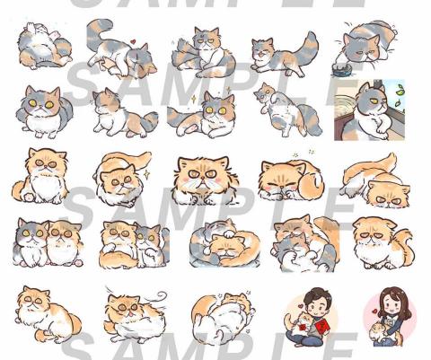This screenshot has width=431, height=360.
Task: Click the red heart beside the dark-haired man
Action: pyautogui.click(x=301, y=306)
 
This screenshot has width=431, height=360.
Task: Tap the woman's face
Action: pyautogui.click(x=393, y=304)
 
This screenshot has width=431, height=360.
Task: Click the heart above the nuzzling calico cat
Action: pyautogui.click(x=133, y=41)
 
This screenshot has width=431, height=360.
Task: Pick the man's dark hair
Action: pyautogui.click(x=317, y=294)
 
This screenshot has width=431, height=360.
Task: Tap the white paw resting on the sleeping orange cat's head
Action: pyautogui.click(x=230, y=233)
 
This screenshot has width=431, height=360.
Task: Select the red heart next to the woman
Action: pyautogui.click(x=374, y=312)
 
